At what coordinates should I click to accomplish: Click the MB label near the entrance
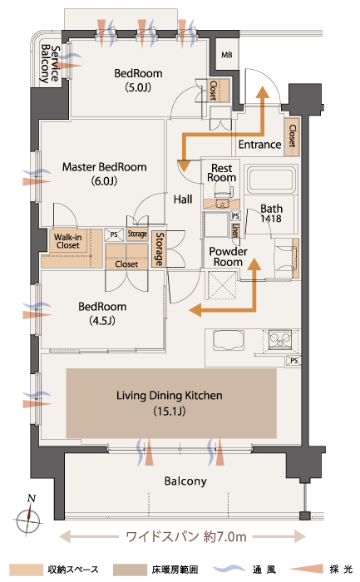click(227, 55)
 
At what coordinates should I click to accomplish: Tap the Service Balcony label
click(51, 64)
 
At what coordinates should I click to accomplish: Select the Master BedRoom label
click(104, 167)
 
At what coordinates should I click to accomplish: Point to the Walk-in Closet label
click(68, 241)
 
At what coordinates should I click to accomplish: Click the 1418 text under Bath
click(270, 219)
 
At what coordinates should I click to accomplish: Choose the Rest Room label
click(221, 173)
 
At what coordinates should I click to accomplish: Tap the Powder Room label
click(229, 256)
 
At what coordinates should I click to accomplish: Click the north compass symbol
click(29, 516)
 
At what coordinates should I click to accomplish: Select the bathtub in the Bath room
click(272, 180)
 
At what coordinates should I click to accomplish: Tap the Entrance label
click(259, 145)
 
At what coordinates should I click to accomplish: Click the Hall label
click(183, 200)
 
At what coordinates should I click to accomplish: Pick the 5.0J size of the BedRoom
click(138, 87)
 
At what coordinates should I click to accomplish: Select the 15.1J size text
click(170, 412)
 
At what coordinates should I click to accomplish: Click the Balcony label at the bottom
click(185, 481)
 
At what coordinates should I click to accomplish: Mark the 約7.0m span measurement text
click(225, 537)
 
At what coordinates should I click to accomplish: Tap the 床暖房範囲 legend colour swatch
click(130, 570)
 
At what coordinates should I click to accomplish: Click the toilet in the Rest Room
click(221, 196)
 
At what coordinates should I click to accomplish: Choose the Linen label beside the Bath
click(235, 230)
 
